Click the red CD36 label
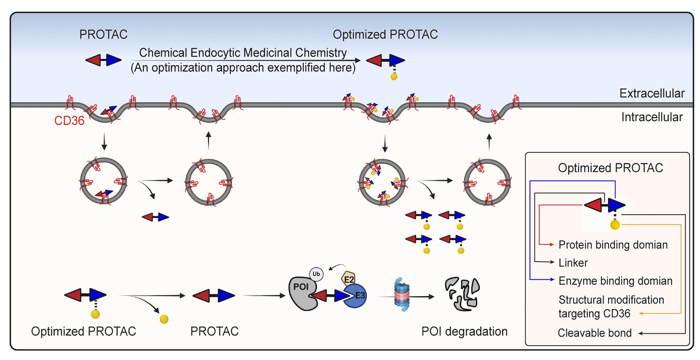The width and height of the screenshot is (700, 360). (x=69, y=121)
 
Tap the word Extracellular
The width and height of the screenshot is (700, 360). (x=652, y=93)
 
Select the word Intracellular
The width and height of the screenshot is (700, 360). (x=652, y=117)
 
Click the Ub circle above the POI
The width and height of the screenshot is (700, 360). (x=316, y=274)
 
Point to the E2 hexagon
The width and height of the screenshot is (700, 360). (x=348, y=279)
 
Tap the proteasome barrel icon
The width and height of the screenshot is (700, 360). (x=402, y=295)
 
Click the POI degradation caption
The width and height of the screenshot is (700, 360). (x=464, y=331)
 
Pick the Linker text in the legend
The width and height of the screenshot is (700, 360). (x=573, y=263)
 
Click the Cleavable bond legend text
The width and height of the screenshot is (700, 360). (x=595, y=333)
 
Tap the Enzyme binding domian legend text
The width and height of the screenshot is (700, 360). (x=615, y=281)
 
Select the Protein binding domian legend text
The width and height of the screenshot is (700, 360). (x=613, y=245)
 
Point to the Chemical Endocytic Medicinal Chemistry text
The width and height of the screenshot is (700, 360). (x=243, y=53)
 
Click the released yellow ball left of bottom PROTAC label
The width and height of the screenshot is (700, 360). (x=164, y=319)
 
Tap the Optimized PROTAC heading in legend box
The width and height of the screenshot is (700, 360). (x=610, y=168)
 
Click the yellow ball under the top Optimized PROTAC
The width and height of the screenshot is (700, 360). (x=394, y=77)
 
